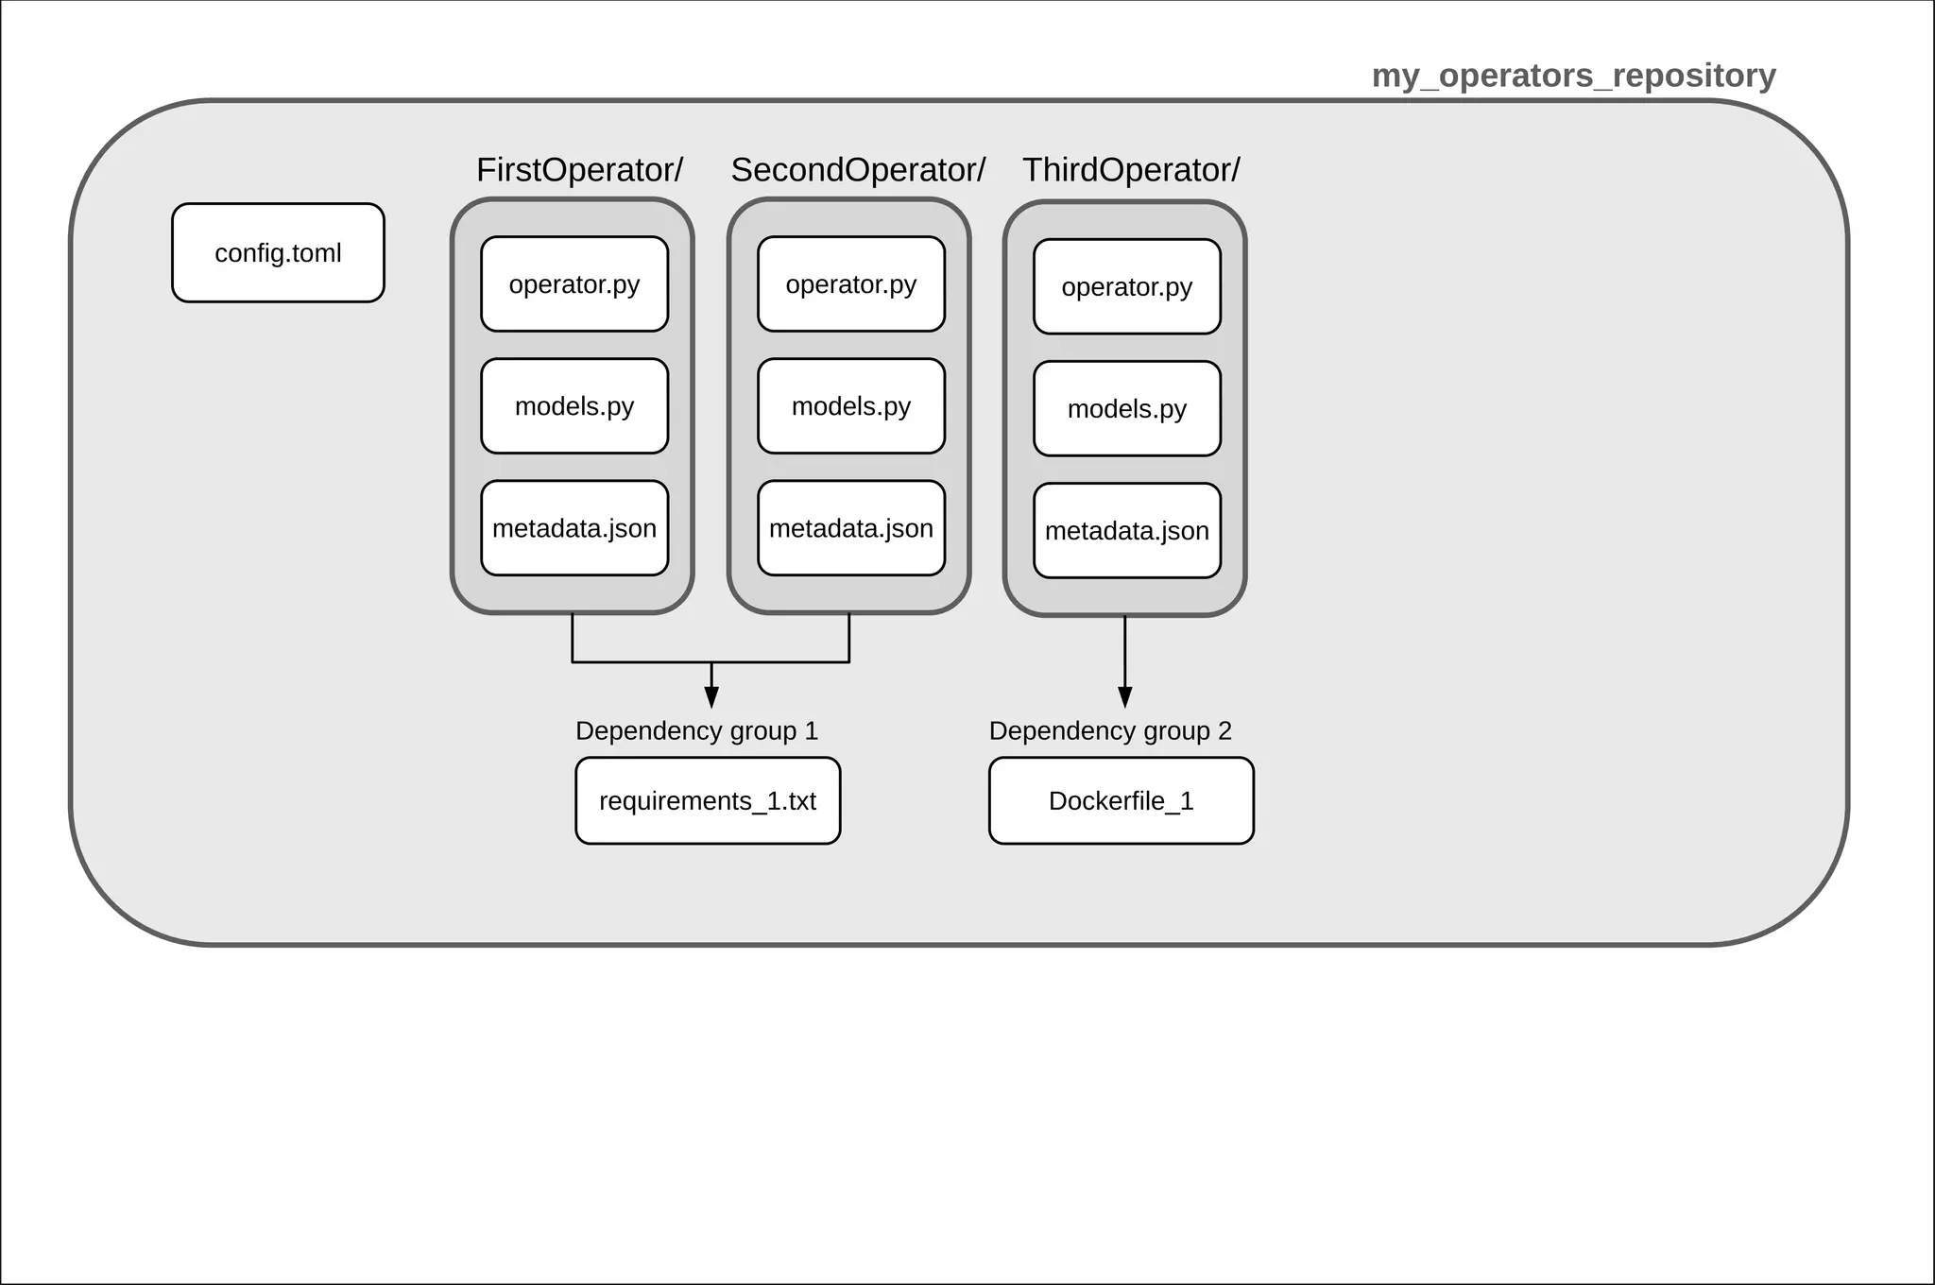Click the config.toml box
pyautogui.click(x=278, y=253)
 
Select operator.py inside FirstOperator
pyautogui.click(x=574, y=284)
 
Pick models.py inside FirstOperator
pyautogui.click(x=574, y=406)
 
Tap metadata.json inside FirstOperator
pyautogui.click(x=574, y=528)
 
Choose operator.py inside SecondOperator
pyautogui.click(x=851, y=284)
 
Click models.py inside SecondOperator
pyautogui.click(x=851, y=406)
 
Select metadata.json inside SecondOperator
pyautogui.click(x=851, y=528)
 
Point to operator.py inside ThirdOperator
pyautogui.click(x=1127, y=287)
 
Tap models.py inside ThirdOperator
pyautogui.click(x=1127, y=409)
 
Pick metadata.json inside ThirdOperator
pyautogui.click(x=1127, y=531)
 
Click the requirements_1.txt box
pyautogui.click(x=708, y=801)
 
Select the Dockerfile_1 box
pyautogui.click(x=1122, y=801)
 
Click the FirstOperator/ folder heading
pyautogui.click(x=579, y=170)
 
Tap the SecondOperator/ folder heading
pyautogui.click(x=858, y=170)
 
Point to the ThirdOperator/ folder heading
pyautogui.click(x=1131, y=170)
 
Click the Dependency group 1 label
pyautogui.click(x=696, y=731)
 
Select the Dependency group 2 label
pyautogui.click(x=1110, y=731)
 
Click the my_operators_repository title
pyautogui.click(x=1573, y=76)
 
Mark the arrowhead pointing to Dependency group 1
pyautogui.click(x=711, y=698)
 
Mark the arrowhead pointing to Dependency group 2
pyautogui.click(x=1124, y=698)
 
